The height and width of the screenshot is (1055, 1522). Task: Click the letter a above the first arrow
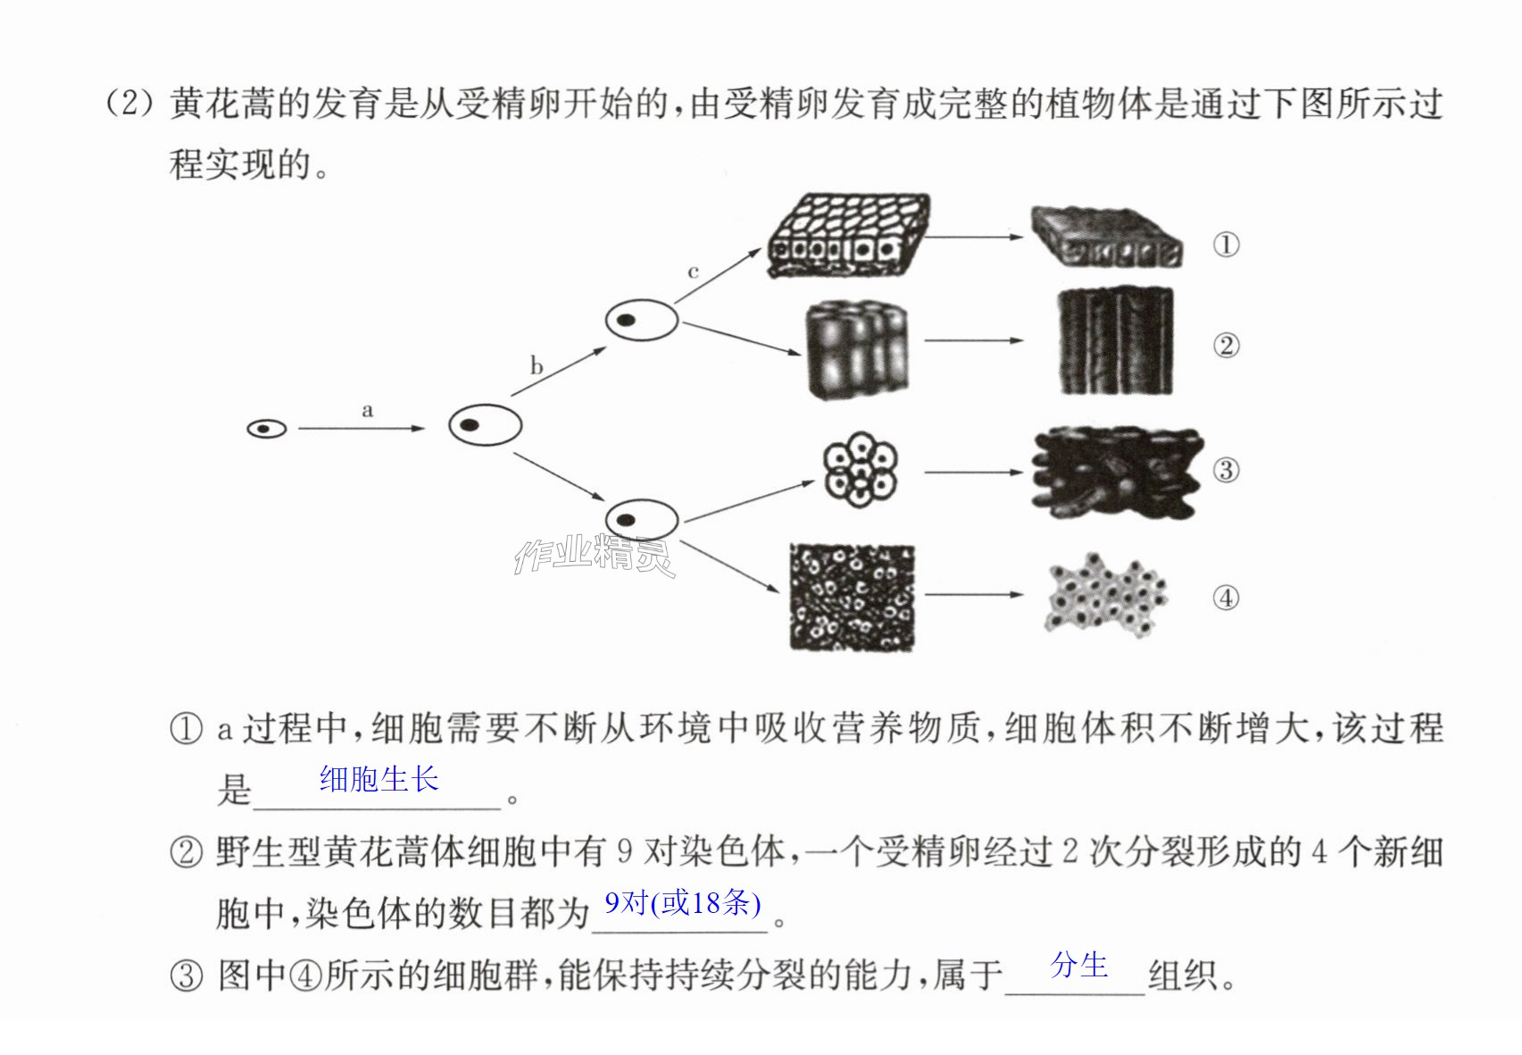368,410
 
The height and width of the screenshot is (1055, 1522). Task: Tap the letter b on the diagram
536,365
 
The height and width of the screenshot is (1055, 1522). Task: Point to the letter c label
693,272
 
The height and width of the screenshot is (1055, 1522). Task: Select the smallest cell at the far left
266,429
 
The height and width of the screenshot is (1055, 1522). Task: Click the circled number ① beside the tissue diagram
1227,245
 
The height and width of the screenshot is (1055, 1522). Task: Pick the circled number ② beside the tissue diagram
1227,346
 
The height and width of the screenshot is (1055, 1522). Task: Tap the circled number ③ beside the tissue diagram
1227,470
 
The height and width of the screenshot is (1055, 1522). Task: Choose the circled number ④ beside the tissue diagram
1227,599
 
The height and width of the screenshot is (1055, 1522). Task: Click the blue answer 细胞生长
379,779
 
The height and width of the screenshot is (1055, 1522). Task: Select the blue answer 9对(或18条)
682,903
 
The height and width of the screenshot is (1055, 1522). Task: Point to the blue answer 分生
1078,966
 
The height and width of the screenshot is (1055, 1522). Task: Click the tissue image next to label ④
1106,596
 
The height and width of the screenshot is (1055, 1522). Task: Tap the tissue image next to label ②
1117,341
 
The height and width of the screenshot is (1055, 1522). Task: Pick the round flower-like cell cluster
861,469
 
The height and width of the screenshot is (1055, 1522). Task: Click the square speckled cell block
852,597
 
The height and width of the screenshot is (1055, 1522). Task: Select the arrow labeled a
362,428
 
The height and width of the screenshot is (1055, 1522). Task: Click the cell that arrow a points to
485,425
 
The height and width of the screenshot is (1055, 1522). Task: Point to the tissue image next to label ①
1107,237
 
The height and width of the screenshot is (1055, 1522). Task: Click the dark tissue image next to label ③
1117,473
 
